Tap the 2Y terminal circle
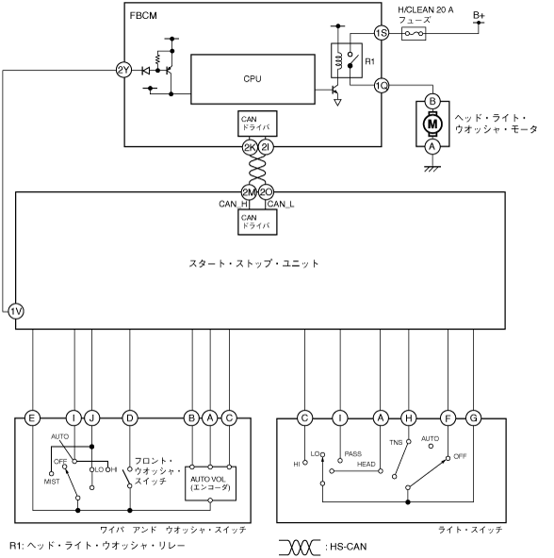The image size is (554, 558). pyautogui.click(x=123, y=70)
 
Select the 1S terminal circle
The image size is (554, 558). pyautogui.click(x=382, y=33)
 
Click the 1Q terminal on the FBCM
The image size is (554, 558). pyautogui.click(x=382, y=86)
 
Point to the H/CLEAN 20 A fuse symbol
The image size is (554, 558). pyautogui.click(x=414, y=33)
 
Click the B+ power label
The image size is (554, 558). pyautogui.click(x=479, y=15)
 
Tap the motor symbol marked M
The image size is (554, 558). pyautogui.click(x=432, y=123)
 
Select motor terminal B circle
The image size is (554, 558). pyautogui.click(x=432, y=101)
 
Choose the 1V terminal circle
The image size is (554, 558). pyautogui.click(x=16, y=311)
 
